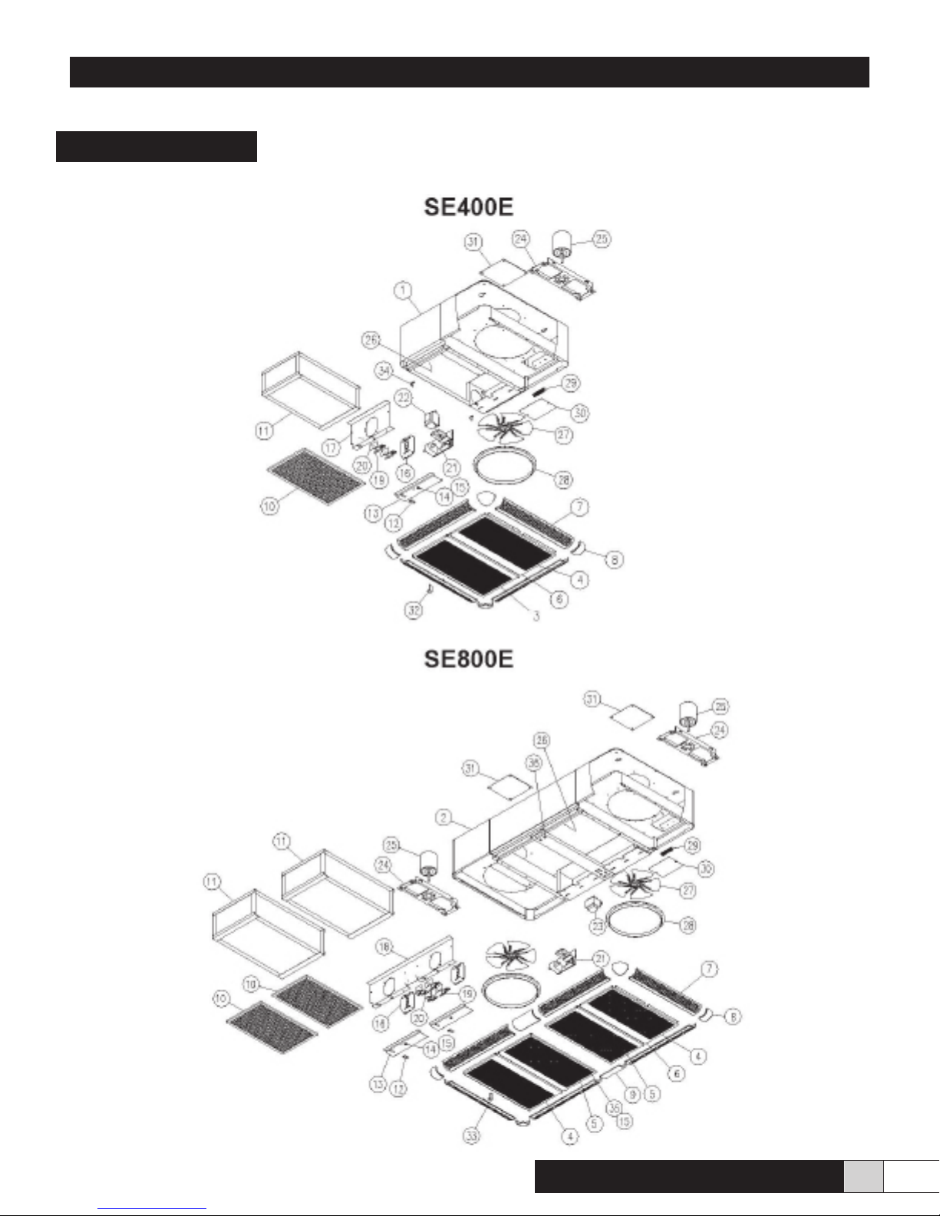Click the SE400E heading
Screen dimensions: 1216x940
[469, 207]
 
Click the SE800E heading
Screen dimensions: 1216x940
[469, 659]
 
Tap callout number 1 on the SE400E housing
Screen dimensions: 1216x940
[404, 291]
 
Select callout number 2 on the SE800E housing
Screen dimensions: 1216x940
[444, 818]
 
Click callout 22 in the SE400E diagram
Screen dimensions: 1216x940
[404, 397]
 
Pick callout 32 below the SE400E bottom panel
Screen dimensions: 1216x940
[414, 611]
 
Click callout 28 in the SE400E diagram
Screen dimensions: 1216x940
[564, 480]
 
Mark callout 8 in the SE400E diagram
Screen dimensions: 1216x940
[614, 560]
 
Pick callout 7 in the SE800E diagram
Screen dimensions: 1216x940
[710, 970]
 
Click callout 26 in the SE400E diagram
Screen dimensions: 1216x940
[372, 339]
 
